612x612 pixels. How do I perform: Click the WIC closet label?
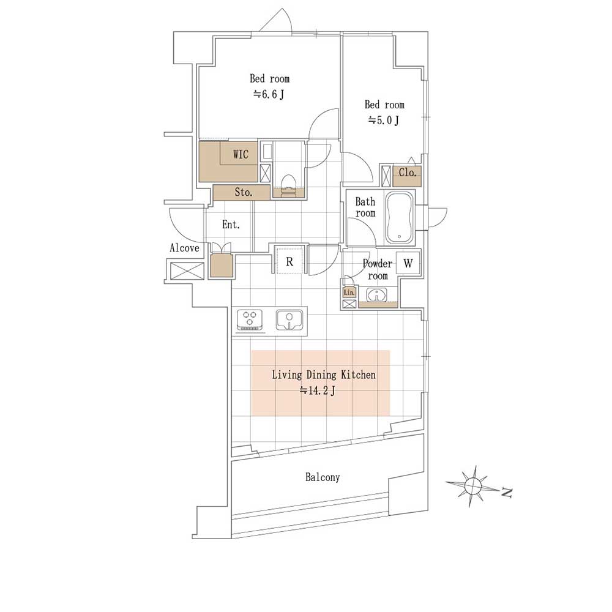point(241,154)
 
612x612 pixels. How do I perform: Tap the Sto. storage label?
point(244,192)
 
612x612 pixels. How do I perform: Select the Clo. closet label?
point(408,172)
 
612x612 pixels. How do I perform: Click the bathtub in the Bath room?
point(399,217)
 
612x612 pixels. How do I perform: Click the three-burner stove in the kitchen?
point(250,321)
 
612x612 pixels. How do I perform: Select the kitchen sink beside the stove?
point(289,321)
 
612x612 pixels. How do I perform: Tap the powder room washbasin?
point(376,295)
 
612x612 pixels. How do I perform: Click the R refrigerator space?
point(289,260)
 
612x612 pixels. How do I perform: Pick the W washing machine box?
point(408,263)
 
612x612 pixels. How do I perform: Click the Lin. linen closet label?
point(349,293)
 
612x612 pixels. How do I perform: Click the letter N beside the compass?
point(506,493)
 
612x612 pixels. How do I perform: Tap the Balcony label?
point(323,477)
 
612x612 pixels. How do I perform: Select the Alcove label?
point(184,248)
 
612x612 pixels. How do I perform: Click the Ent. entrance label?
point(231,225)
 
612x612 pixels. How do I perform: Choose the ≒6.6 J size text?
point(269,94)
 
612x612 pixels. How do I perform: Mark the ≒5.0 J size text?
point(384,120)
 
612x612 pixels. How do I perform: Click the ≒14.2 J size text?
point(317,390)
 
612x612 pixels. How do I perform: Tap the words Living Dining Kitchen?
point(324,375)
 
